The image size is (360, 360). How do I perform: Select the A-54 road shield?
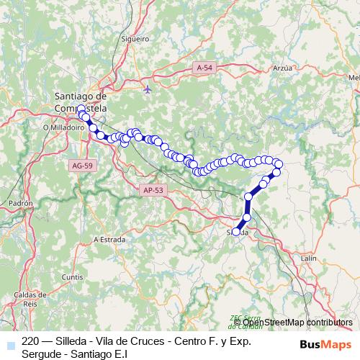[x=204, y=67]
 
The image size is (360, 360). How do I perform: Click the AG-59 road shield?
[x=81, y=165]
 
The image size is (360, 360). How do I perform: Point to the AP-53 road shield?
[x=153, y=190]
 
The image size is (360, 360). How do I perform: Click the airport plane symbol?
[x=148, y=90]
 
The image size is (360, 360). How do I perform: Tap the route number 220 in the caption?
[x=30, y=341]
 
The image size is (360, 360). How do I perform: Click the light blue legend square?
[x=8, y=342]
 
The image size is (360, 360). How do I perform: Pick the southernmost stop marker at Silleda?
[x=236, y=232]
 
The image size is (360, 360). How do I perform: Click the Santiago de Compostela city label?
[x=81, y=101]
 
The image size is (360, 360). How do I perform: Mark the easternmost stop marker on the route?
[x=279, y=165]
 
